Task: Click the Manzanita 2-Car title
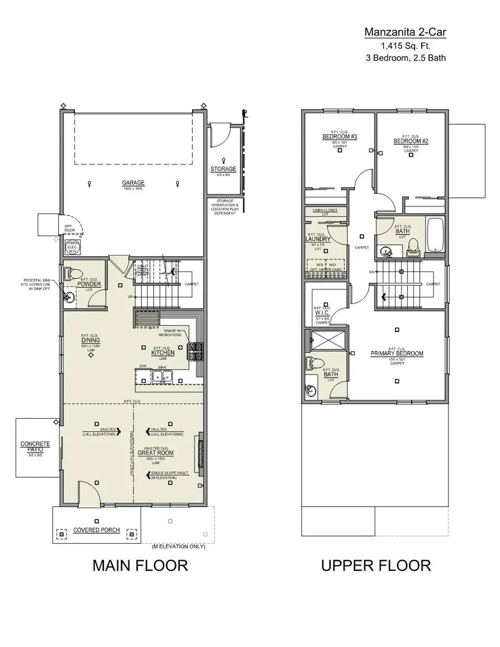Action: coord(405,32)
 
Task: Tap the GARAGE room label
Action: coord(133,183)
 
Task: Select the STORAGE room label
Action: coord(223,169)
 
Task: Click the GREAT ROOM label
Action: coord(158,453)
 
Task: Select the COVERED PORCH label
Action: coord(97,530)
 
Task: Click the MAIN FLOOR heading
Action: coord(140,565)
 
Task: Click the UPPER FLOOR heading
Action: coord(376,565)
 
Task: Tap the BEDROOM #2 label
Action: coord(411,141)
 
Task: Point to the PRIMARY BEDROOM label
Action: coord(397,353)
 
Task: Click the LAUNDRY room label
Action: coord(318,239)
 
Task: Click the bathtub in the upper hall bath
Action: coord(434,235)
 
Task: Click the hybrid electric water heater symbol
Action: coord(73,247)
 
